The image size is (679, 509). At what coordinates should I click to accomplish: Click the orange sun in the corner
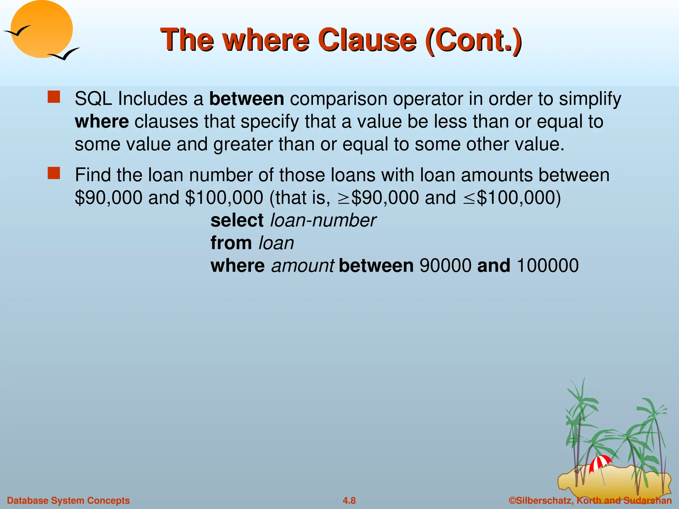click(41, 29)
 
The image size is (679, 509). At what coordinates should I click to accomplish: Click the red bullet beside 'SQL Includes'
click(54, 97)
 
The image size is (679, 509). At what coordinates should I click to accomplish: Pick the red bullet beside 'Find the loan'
click(54, 173)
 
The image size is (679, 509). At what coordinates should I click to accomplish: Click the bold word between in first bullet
click(247, 99)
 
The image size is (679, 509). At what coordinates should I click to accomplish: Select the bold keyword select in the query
click(237, 220)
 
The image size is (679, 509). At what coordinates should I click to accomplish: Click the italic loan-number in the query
click(323, 220)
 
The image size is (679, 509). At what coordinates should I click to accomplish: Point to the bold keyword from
click(231, 243)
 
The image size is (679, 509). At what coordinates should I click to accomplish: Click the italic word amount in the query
click(303, 266)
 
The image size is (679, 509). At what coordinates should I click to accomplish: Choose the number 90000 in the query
click(445, 266)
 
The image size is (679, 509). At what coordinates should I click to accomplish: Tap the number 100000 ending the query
click(547, 266)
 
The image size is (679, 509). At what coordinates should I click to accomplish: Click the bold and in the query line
click(494, 266)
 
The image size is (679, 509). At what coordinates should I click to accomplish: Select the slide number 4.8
click(349, 500)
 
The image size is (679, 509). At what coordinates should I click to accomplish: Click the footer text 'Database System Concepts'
click(68, 500)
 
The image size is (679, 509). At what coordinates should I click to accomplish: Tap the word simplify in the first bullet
click(590, 99)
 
